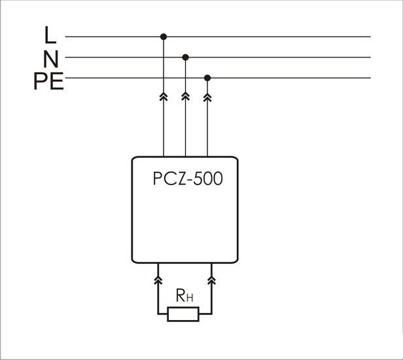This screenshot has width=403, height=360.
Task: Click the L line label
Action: point(51,35)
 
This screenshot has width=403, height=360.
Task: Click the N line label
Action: point(51,58)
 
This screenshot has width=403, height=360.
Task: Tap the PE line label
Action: point(48,82)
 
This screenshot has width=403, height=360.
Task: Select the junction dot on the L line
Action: point(163,37)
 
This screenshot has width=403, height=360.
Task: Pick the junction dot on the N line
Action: point(185,58)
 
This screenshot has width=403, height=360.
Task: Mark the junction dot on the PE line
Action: point(208,78)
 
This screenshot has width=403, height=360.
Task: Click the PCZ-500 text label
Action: point(188,179)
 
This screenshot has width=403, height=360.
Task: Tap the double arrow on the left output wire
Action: point(158,280)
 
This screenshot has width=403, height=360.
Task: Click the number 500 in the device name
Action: point(208,179)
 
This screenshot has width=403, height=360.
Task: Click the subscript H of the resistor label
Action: point(190,298)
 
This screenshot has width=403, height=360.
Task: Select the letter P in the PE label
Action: point(41,82)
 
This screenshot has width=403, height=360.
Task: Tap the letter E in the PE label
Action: point(56,82)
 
